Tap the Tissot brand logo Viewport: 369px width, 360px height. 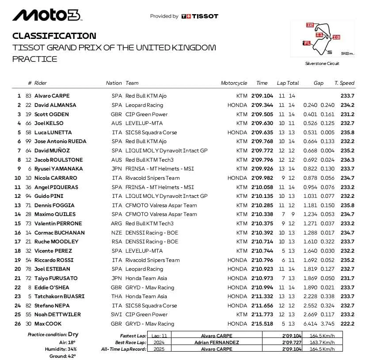point(200,16)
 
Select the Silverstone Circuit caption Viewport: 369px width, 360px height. point(322,64)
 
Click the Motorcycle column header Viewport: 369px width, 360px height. point(234,83)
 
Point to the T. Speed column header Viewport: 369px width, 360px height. point(344,83)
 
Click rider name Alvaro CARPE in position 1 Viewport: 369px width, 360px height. point(52,96)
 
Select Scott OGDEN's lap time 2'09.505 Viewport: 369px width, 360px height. point(262,114)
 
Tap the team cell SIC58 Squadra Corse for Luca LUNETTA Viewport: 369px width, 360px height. point(151,133)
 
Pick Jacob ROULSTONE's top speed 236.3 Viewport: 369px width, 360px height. point(347,160)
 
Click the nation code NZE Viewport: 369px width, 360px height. point(117,233)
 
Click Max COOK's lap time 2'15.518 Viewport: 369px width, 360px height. point(262,324)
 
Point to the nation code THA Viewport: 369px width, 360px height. point(117,296)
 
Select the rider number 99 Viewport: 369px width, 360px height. point(29,141)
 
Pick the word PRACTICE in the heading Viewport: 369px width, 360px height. point(35,59)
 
